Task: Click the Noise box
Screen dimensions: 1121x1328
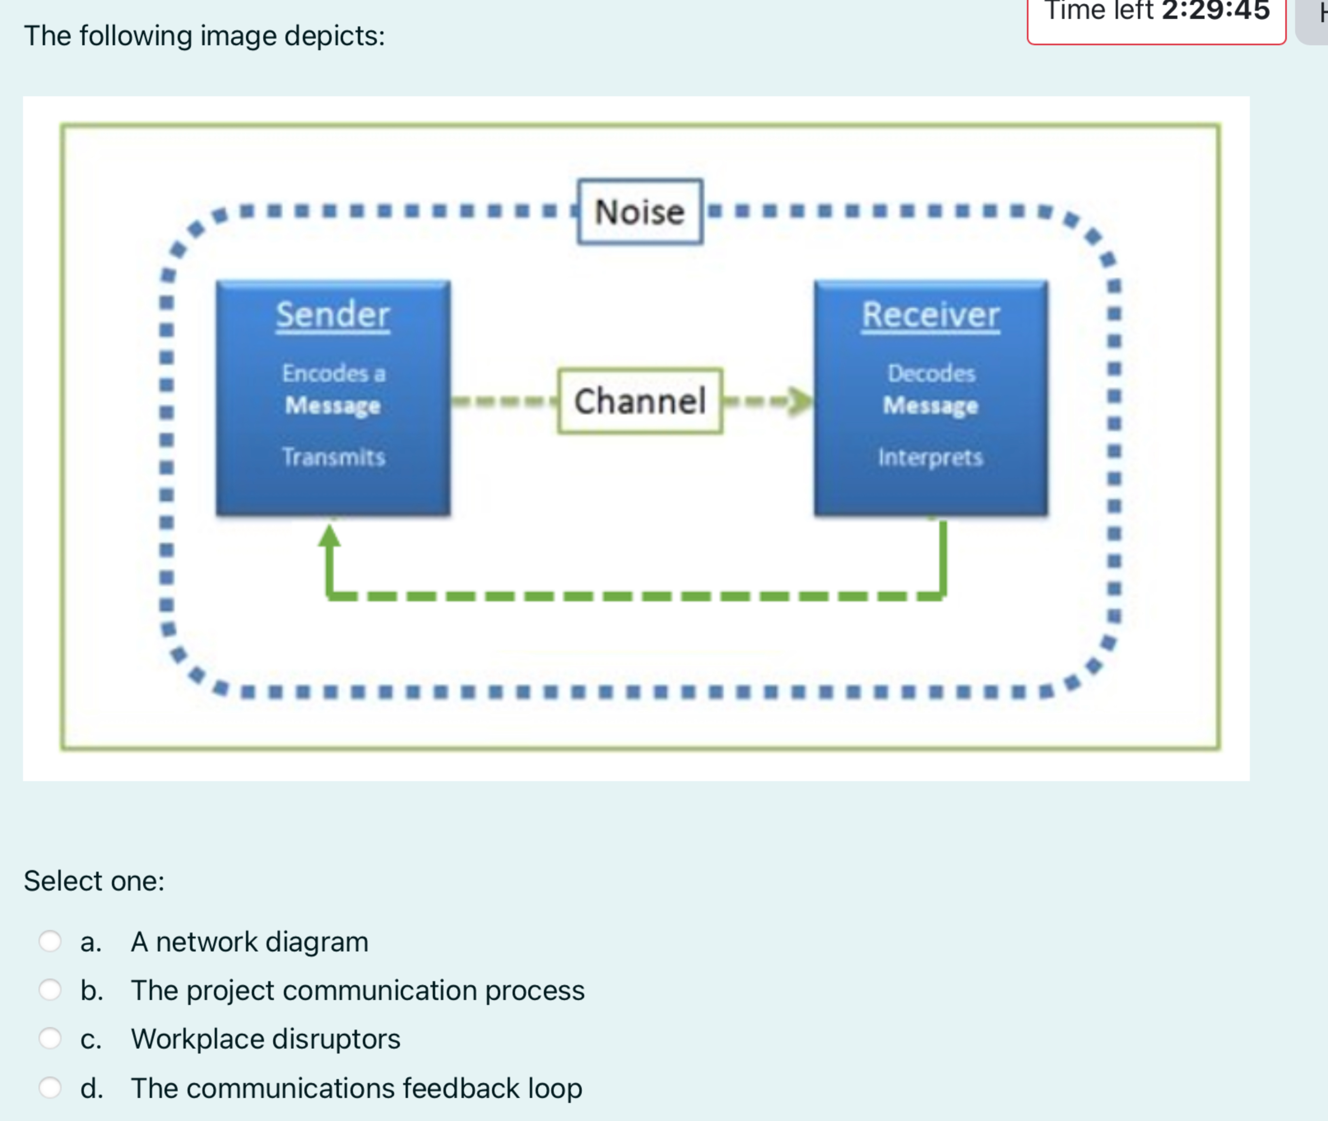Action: click(640, 212)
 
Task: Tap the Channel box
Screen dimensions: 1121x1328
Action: click(640, 401)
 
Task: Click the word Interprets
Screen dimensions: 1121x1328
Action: click(930, 457)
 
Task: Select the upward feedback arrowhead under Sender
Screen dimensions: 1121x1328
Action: click(329, 536)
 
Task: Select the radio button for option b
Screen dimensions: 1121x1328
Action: click(50, 989)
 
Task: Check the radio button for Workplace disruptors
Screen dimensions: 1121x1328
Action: click(50, 1038)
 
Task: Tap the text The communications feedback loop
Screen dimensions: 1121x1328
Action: click(356, 1088)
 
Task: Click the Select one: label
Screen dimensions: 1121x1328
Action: click(94, 881)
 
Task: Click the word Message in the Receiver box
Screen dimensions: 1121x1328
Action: click(930, 405)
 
